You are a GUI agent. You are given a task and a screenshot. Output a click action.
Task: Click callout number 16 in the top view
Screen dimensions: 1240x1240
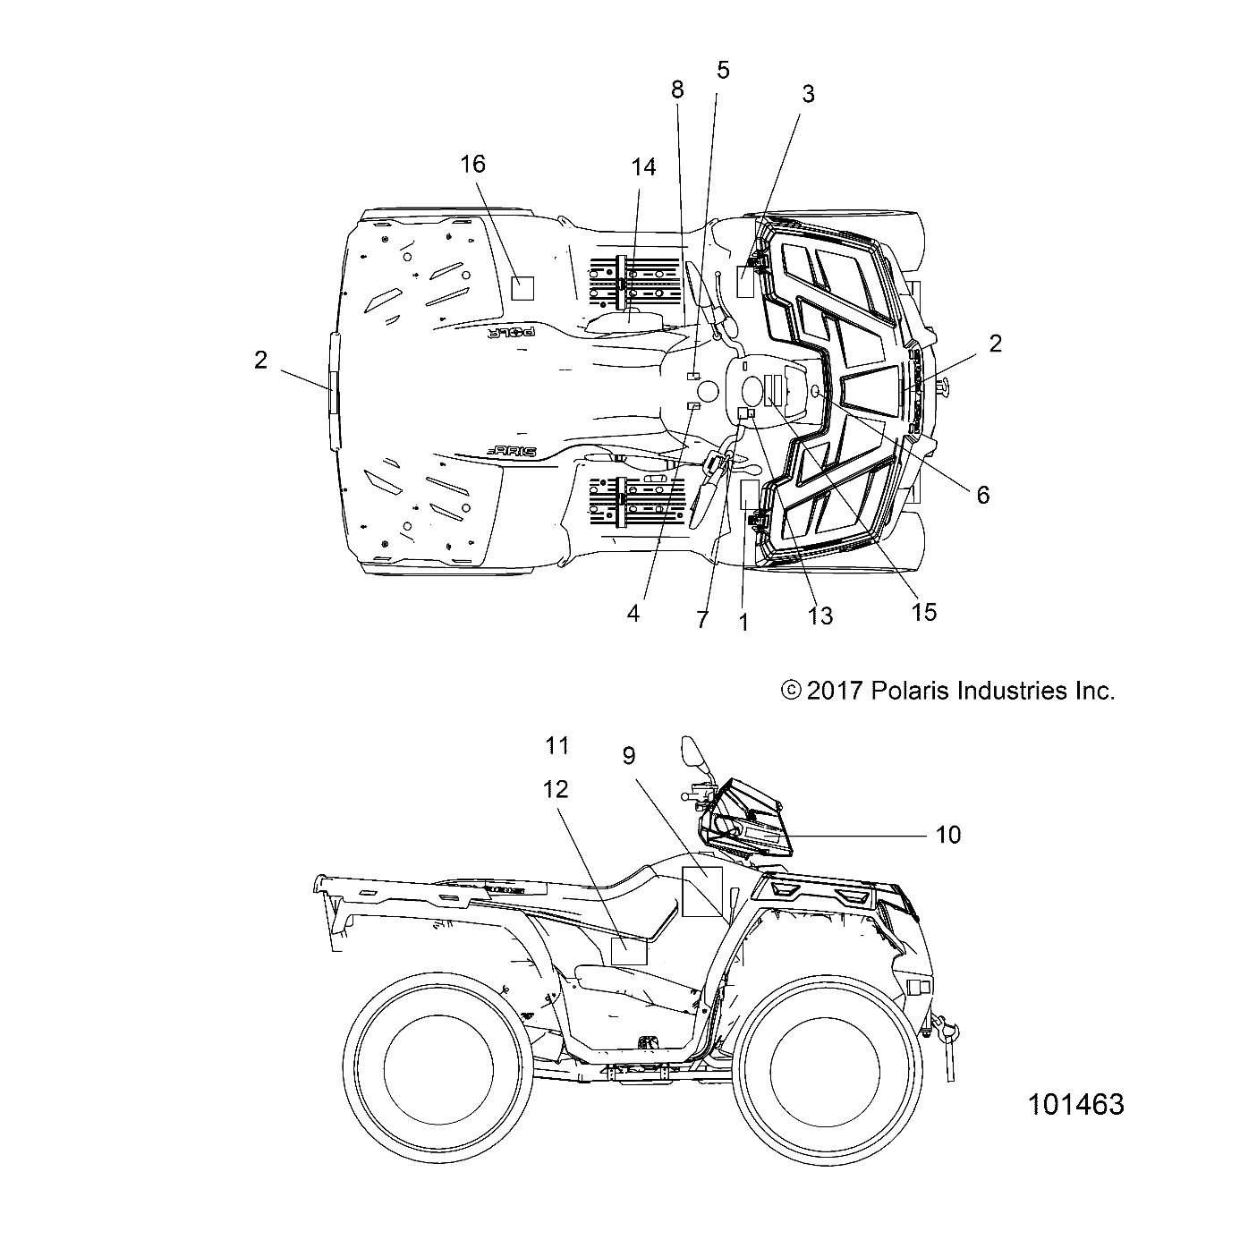pos(472,164)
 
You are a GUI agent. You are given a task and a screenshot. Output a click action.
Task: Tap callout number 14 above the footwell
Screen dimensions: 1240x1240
pos(643,167)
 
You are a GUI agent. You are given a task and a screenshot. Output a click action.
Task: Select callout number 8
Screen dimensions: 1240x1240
pos(677,89)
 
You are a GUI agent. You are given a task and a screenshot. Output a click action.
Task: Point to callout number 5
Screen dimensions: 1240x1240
pos(723,69)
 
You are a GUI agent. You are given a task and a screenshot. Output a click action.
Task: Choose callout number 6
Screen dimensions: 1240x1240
pos(983,495)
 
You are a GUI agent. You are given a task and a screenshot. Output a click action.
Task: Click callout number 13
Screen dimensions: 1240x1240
pos(820,616)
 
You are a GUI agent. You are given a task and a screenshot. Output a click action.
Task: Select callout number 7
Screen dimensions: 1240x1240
pos(702,619)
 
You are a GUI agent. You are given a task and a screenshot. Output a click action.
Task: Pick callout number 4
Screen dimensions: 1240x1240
pos(633,615)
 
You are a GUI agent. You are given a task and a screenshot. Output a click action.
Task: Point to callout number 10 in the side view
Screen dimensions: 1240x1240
pos(947,835)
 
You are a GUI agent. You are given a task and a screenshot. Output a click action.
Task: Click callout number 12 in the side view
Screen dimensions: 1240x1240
pos(555,789)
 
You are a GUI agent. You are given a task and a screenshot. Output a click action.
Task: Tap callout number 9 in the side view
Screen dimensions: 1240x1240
pos(629,756)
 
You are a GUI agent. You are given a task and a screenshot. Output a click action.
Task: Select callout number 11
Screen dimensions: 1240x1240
pos(557,744)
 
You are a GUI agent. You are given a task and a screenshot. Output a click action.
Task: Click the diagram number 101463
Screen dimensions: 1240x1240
pos(1075,1104)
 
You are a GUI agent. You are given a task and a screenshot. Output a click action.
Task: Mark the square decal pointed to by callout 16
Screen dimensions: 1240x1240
pos(522,287)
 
